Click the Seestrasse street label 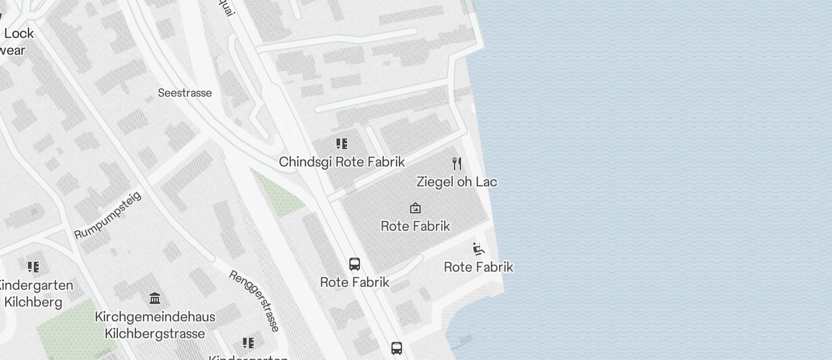(x=185, y=93)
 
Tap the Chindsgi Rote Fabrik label (x=342, y=162)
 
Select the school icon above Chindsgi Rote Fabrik (x=342, y=144)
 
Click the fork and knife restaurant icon (x=457, y=163)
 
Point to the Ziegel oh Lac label (x=457, y=182)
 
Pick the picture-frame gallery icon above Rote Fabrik (x=415, y=208)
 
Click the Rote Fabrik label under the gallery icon (x=415, y=226)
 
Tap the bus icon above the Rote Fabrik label (x=355, y=264)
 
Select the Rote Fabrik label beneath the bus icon (x=355, y=282)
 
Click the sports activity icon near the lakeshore (x=479, y=249)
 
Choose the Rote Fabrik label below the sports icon (x=479, y=267)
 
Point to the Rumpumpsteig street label (x=108, y=215)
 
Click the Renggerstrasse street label (x=254, y=301)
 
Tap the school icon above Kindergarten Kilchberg (x=33, y=267)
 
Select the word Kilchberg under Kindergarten (x=33, y=302)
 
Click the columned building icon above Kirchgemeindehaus (x=155, y=299)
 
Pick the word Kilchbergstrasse (x=155, y=334)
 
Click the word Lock (x=19, y=33)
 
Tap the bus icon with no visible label (x=397, y=348)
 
